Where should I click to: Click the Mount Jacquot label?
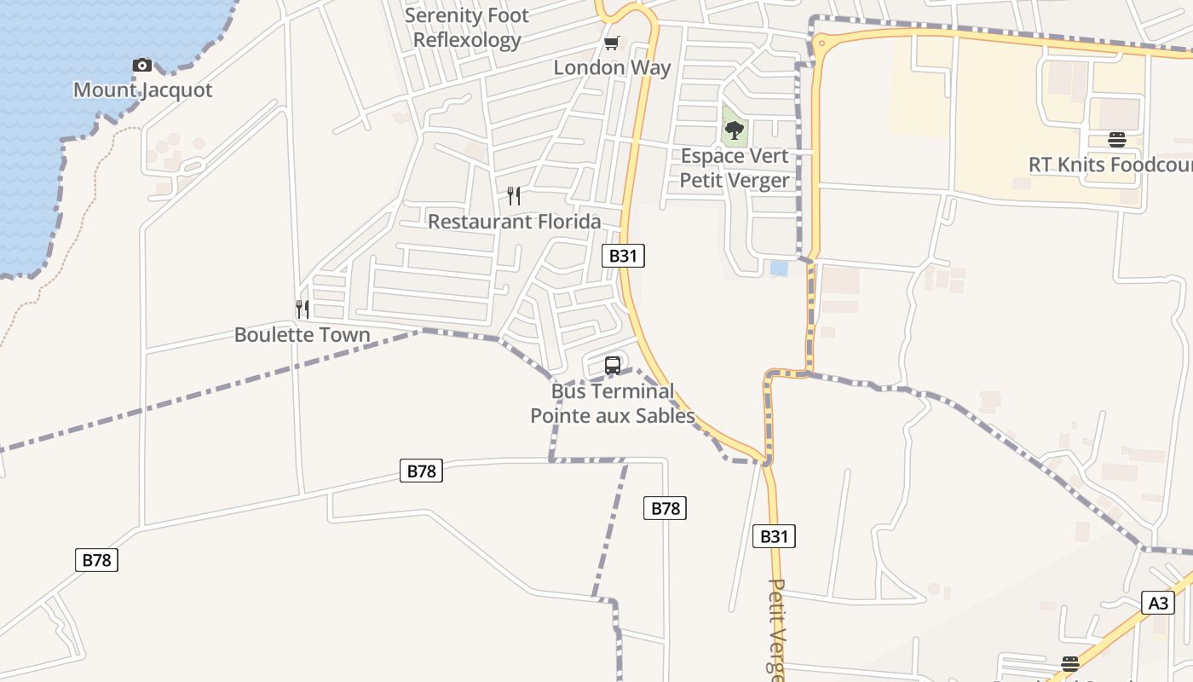[142, 90]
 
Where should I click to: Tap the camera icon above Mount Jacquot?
[142, 65]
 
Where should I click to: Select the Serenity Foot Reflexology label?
[467, 27]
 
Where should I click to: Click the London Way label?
[612, 67]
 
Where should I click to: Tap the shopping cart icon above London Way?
[611, 43]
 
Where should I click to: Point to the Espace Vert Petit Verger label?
[735, 168]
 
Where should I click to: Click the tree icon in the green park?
[734, 130]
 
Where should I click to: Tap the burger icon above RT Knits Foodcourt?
[1117, 140]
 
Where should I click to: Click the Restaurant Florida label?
[514, 221]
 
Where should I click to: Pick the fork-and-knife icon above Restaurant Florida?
[514, 196]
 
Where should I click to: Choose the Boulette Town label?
[303, 334]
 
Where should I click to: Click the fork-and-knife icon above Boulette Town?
[303, 309]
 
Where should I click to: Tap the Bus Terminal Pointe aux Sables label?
[613, 403]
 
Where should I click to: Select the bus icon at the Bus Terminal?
[613, 367]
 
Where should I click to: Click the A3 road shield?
[1158, 603]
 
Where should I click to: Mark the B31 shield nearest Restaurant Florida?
[623, 255]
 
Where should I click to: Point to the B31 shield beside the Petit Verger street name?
[774, 535]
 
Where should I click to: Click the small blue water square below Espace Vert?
[779, 268]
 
